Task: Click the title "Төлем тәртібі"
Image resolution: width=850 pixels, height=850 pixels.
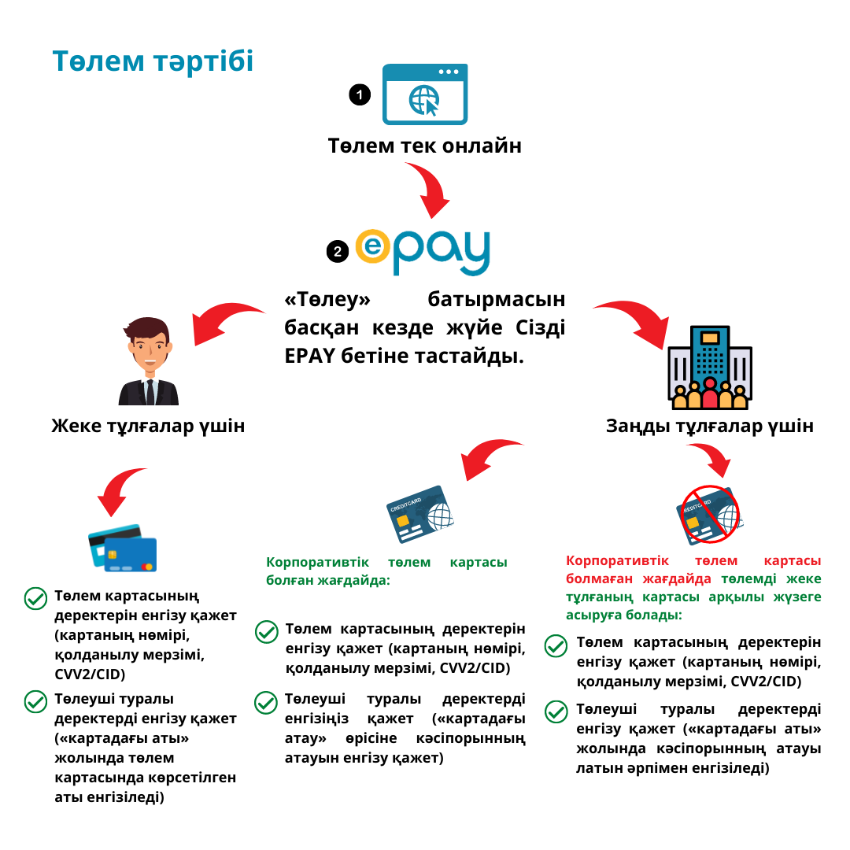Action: coord(153,61)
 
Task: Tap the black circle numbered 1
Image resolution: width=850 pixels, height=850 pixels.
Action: coord(360,95)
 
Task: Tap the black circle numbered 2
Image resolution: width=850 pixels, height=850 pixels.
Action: coord(338,252)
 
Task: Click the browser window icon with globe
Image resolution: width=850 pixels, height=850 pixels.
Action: coord(425,94)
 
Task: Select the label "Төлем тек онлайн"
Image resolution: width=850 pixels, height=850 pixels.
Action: coord(425,146)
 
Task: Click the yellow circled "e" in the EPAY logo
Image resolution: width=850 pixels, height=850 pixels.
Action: coord(372,248)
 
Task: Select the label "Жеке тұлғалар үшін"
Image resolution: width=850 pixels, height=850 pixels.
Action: coord(148,426)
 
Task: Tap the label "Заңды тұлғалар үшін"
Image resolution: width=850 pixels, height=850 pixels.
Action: coord(709,426)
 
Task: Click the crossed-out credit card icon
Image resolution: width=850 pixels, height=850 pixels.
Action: coord(709,515)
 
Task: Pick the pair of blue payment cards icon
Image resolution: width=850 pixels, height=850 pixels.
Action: coord(122,548)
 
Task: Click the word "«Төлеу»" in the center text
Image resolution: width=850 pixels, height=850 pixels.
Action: coord(327,300)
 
